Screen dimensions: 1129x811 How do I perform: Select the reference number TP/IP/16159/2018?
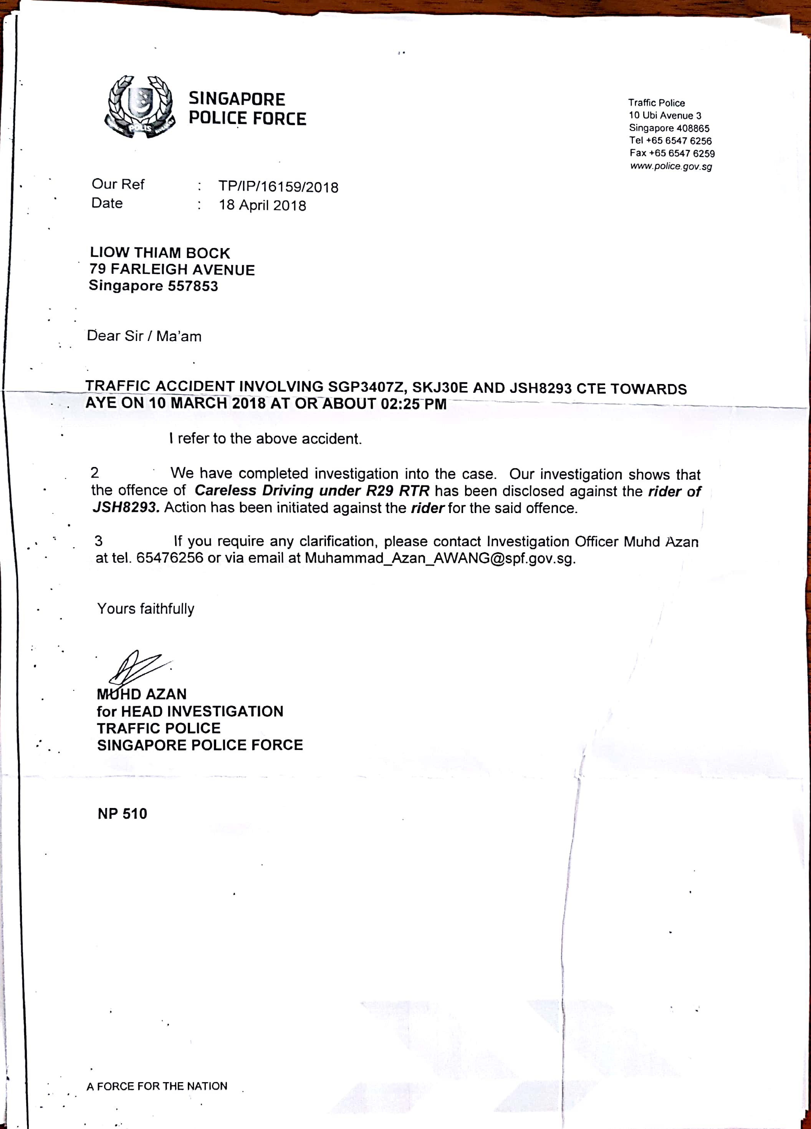(278, 187)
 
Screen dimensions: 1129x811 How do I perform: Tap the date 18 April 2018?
(262, 205)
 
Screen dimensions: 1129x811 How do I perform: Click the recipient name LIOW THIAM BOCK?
(160, 253)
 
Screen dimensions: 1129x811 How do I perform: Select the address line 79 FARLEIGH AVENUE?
(172, 269)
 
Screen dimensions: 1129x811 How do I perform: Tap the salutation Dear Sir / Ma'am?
(144, 336)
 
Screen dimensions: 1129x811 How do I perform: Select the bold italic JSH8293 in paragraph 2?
(126, 507)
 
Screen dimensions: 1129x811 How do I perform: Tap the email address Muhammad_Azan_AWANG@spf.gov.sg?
(440, 558)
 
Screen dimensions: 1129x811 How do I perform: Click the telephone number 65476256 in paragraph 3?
(170, 558)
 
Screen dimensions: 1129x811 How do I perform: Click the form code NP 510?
(122, 813)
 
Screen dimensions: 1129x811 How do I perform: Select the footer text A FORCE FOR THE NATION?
(157, 1086)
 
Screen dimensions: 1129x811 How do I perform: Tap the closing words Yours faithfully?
(146, 609)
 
